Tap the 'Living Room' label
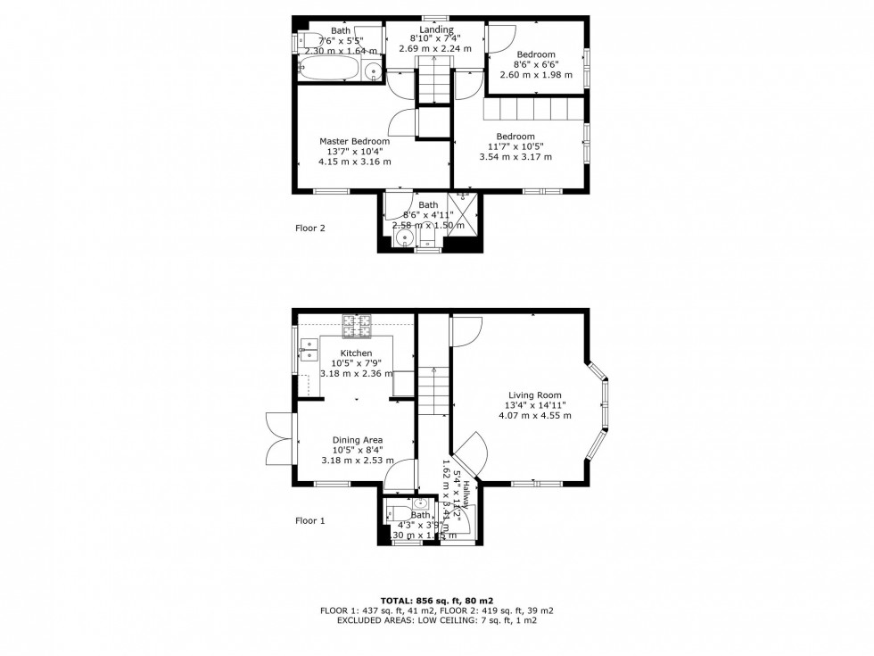point(535,395)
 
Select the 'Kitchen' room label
point(356,353)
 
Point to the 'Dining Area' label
point(357,440)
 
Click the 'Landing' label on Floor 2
point(438,29)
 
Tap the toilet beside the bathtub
point(306,39)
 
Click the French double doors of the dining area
point(279,437)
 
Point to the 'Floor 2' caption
point(310,228)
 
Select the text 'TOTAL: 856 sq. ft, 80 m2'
point(437,600)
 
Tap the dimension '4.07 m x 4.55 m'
point(535,416)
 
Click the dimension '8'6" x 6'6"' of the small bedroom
point(536,64)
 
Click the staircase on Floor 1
point(433,393)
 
